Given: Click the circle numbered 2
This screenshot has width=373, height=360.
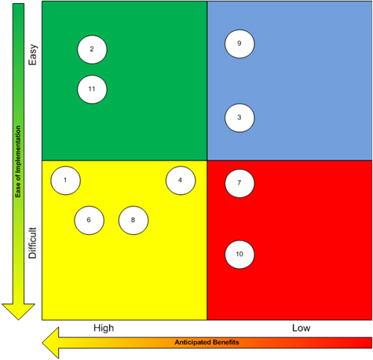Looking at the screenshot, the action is pyautogui.click(x=92, y=50).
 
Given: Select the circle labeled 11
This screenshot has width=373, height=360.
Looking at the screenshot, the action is pyautogui.click(x=92, y=90).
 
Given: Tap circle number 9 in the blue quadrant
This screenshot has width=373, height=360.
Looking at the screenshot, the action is pyautogui.click(x=240, y=44).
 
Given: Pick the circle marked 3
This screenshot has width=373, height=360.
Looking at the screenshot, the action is pyautogui.click(x=240, y=118).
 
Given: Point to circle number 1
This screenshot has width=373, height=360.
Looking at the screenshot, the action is pyautogui.click(x=65, y=180).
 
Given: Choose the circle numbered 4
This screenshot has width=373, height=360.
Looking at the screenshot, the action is pyautogui.click(x=181, y=180).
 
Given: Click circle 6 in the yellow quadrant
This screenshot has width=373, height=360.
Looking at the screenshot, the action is pyautogui.click(x=90, y=220).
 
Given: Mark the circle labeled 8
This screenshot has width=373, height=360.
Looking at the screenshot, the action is pyautogui.click(x=133, y=220).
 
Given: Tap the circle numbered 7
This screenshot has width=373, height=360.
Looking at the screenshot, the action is pyautogui.click(x=240, y=183).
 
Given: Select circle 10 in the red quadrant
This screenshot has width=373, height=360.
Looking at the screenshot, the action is pyautogui.click(x=240, y=255).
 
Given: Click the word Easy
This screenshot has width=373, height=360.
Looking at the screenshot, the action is pyautogui.click(x=33, y=55).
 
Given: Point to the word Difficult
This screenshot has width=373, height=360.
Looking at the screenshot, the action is pyautogui.click(x=32, y=243).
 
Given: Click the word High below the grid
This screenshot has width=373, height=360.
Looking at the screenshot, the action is pyautogui.click(x=104, y=328).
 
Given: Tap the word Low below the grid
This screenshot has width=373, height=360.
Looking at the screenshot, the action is pyautogui.click(x=302, y=328).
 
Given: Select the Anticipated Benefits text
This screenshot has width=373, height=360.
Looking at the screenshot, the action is pyautogui.click(x=207, y=342).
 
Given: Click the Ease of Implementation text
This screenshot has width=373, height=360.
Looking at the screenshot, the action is pyautogui.click(x=18, y=161).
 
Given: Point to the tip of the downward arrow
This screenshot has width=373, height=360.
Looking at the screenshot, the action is pyautogui.click(x=18, y=320).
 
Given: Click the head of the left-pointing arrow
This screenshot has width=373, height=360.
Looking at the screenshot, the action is pyautogui.click(x=42, y=343).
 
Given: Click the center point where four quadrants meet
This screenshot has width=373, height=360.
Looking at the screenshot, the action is pyautogui.click(x=207, y=160).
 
